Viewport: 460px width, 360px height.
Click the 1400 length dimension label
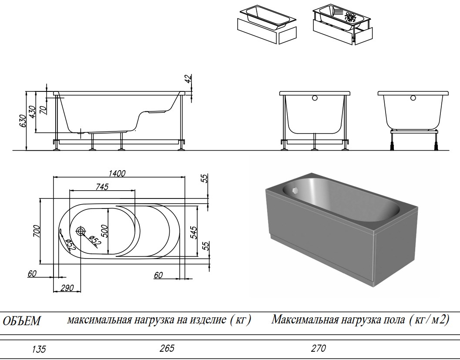click(117, 173)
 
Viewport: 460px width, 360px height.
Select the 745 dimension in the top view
click(101, 187)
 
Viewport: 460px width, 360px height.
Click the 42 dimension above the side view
click(188, 79)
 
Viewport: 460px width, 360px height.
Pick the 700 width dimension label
click(37, 231)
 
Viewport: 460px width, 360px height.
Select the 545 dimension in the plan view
click(194, 232)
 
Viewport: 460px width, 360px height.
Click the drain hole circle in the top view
click(81, 231)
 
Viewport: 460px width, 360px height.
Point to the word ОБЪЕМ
click(22, 322)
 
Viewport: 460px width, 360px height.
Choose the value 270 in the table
click(318, 348)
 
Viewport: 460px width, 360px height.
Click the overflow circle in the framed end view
click(314, 98)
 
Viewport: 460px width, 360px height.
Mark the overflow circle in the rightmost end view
click(413, 98)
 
